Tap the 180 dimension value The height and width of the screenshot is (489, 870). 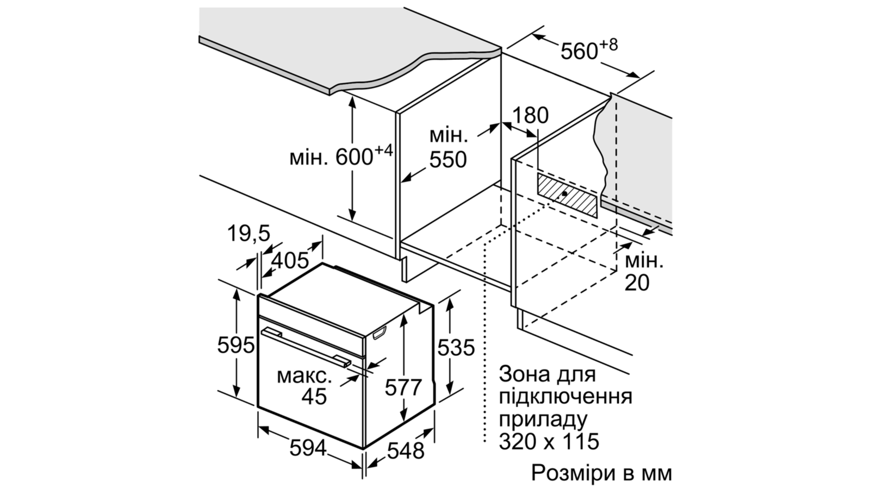531,115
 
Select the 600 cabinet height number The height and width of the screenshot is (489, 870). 354,157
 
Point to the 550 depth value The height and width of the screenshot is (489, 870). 448,160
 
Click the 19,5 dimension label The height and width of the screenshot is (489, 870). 248,234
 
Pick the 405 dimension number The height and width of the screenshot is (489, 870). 290,260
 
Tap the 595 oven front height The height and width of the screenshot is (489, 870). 236,344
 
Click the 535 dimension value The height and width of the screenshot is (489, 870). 456,347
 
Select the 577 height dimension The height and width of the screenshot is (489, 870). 403,387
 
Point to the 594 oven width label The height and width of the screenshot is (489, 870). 308,449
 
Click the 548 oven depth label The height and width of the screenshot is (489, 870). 406,451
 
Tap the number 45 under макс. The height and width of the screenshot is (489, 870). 314,396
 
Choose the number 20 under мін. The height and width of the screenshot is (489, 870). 637,283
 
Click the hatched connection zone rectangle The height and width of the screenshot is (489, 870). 567,195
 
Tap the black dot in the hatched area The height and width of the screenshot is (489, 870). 564,193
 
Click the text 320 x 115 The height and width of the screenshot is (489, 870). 549,441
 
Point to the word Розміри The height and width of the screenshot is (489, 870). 572,473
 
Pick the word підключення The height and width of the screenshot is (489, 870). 565,397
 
